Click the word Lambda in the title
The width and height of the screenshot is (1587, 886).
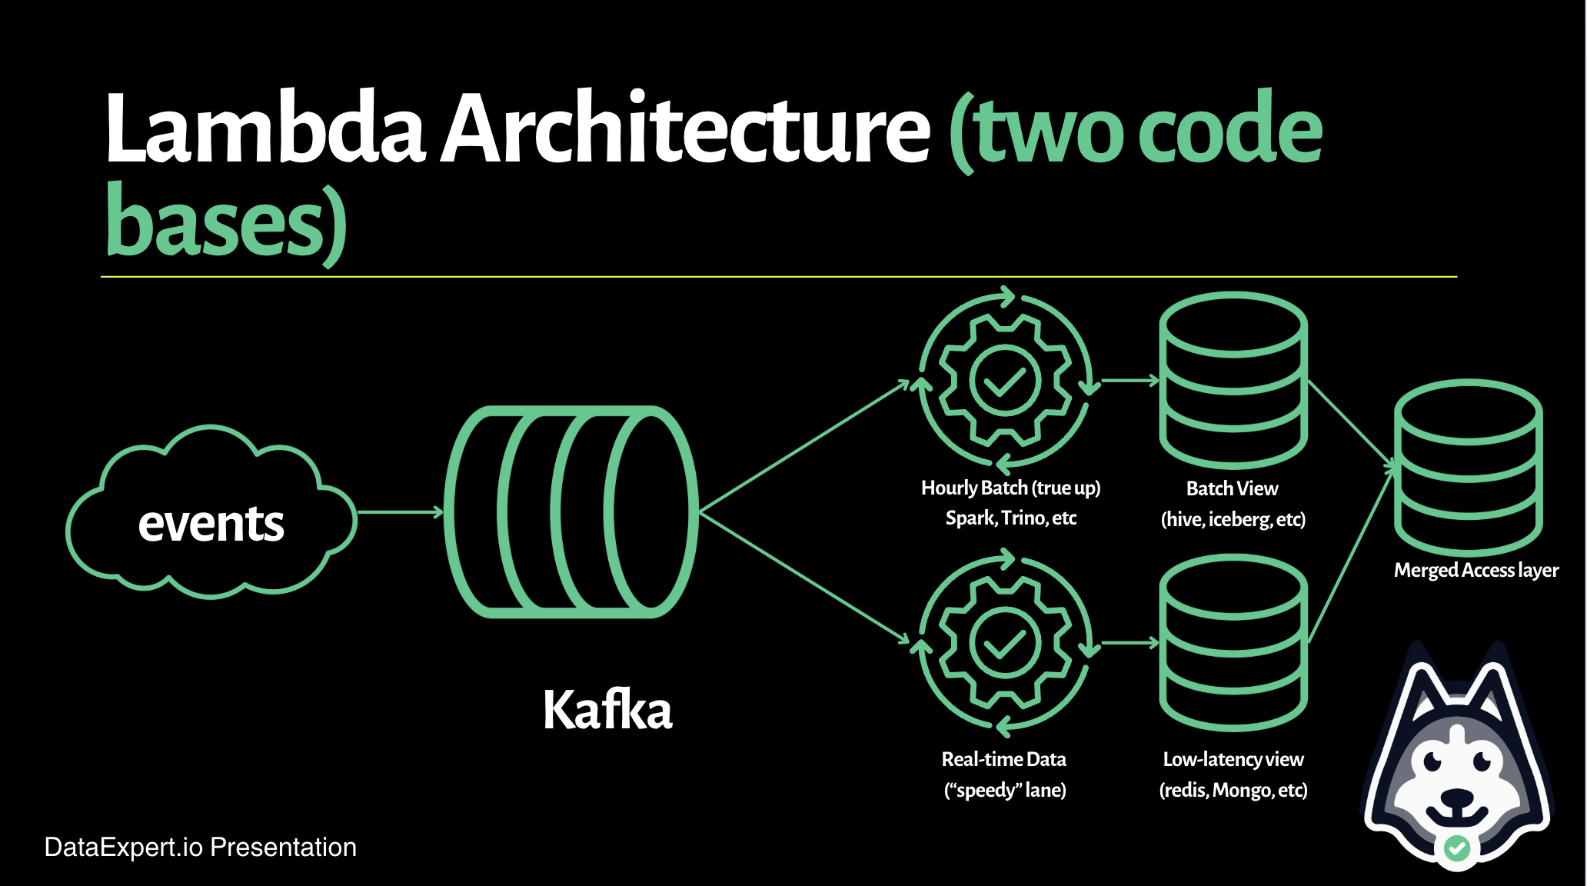tap(265, 128)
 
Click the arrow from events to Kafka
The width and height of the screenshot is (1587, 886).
tap(401, 511)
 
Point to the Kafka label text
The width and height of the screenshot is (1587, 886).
tap(607, 709)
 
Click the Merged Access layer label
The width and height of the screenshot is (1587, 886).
tap(1476, 570)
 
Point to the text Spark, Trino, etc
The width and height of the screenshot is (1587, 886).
tap(1010, 518)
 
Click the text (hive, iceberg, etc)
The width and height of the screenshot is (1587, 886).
tap(1233, 519)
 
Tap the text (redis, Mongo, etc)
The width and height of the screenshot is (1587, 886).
tap(1233, 790)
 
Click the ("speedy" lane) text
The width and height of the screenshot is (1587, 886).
tap(1005, 790)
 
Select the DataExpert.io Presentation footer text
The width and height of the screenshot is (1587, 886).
tap(201, 847)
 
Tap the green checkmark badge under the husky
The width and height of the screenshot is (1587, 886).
tap(1457, 848)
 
